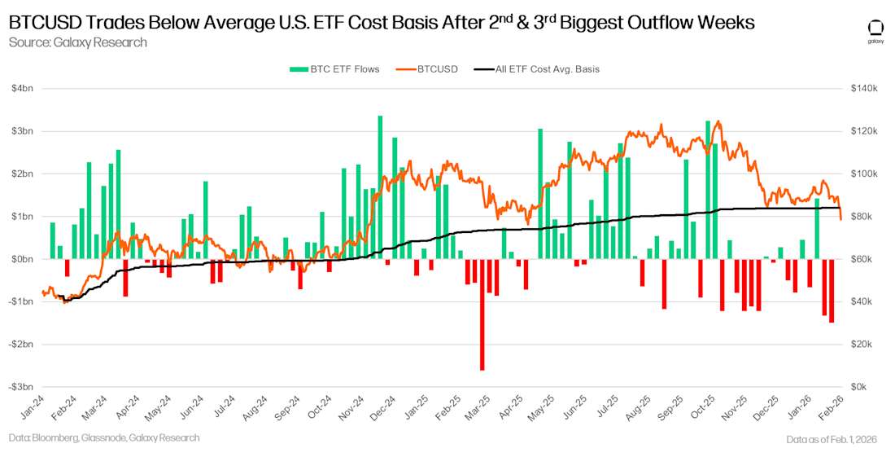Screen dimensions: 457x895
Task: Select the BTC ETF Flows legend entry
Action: coord(334,69)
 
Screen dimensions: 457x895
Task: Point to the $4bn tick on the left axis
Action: coord(21,89)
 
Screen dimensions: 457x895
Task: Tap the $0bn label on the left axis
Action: coord(21,259)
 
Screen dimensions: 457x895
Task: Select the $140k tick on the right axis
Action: coord(863,89)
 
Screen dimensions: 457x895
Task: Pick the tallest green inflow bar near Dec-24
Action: coord(380,187)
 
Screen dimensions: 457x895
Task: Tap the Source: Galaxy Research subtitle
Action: coord(77,42)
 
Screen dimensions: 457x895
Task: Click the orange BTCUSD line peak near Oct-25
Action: coord(718,121)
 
